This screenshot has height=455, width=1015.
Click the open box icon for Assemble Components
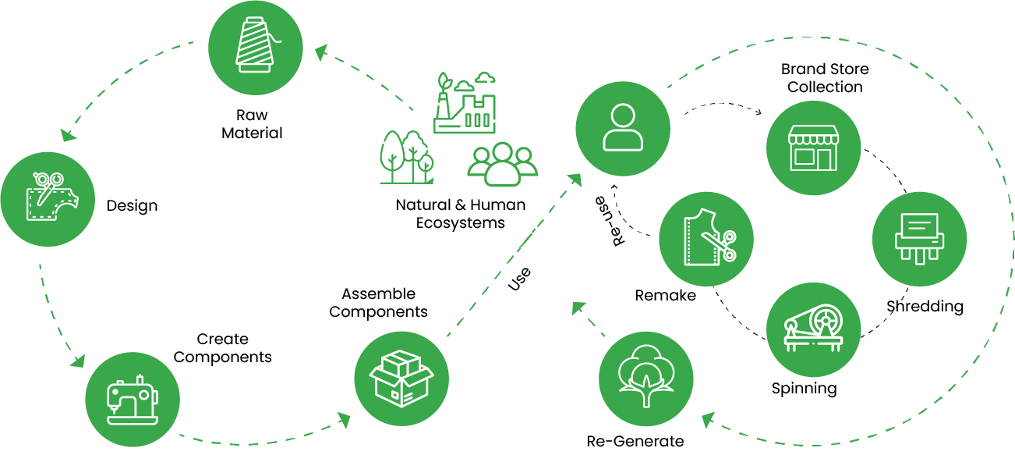[401, 378]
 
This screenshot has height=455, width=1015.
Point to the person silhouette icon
[623, 127]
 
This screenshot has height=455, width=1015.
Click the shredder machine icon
[920, 237]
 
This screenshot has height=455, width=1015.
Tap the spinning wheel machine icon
[814, 329]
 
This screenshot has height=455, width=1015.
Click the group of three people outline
[502, 163]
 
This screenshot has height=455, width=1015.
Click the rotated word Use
[519, 278]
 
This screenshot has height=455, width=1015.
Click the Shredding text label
[925, 306]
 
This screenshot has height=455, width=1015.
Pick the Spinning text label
[804, 389]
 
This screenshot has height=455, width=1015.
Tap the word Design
[132, 206]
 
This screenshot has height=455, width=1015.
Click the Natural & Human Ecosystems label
[460, 214]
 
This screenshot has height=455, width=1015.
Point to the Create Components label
[223, 348]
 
